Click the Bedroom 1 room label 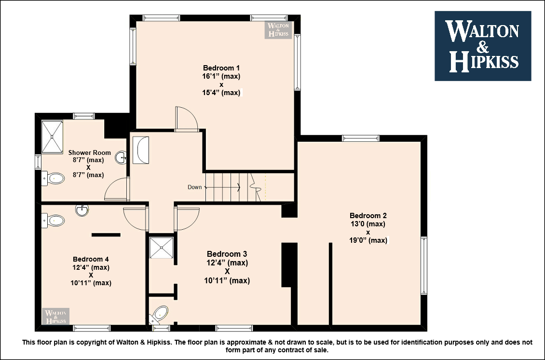[221, 68]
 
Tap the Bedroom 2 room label [368, 216]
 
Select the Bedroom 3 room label [227, 254]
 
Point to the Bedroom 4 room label [91, 259]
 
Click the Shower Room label [89, 152]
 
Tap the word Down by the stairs [195, 187]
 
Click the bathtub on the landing [141, 150]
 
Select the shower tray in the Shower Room [52, 137]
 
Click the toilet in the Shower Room [53, 179]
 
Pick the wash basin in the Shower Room [122, 157]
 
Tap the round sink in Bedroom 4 [82, 210]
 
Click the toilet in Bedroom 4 [53, 221]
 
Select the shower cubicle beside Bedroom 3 [161, 248]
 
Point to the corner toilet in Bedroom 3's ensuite [160, 315]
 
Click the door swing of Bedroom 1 [187, 119]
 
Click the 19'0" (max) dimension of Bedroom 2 [368, 240]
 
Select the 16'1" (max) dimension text [221, 76]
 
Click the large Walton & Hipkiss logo [483, 46]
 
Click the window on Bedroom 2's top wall [361, 138]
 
